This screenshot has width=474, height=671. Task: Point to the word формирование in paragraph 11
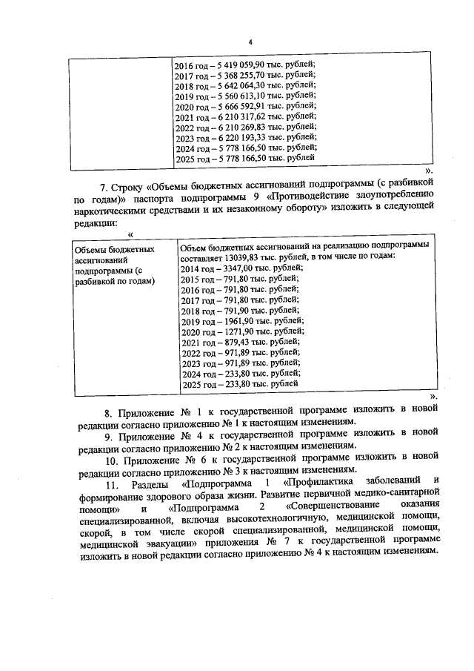tap(112, 499)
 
